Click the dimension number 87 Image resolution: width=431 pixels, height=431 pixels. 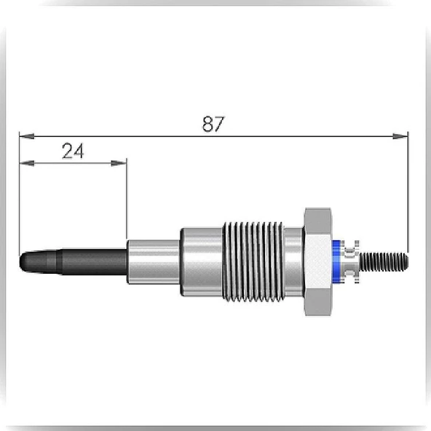click(x=213, y=124)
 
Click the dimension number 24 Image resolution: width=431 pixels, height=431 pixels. click(x=73, y=151)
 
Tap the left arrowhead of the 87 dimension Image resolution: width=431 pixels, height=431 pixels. click(x=27, y=136)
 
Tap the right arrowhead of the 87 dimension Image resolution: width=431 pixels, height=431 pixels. click(x=400, y=136)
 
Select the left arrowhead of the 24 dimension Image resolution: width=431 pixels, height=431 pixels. click(x=27, y=163)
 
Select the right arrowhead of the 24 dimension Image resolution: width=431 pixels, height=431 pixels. click(x=119, y=163)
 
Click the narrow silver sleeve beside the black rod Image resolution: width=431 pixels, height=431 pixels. click(x=154, y=261)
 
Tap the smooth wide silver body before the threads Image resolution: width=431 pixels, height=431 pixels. click(x=202, y=261)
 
